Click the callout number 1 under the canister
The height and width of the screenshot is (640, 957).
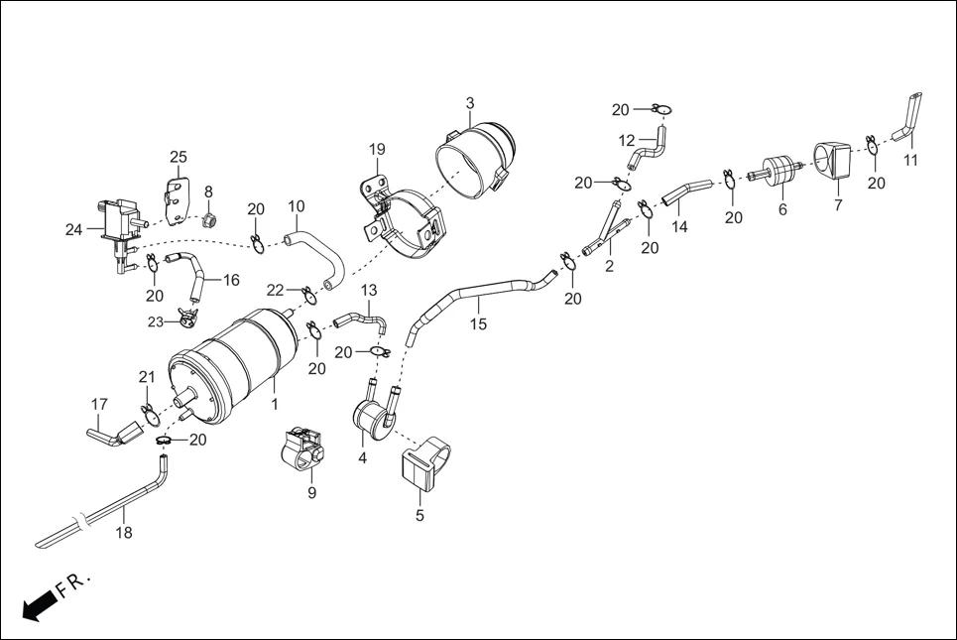pos(274,405)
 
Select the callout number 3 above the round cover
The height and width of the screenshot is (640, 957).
pos(470,103)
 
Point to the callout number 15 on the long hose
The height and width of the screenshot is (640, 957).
pos(478,324)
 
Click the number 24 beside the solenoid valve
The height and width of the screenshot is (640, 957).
pos(73,230)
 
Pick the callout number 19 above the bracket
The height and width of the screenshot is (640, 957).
pos(377,150)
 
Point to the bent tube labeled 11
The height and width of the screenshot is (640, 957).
pos(907,117)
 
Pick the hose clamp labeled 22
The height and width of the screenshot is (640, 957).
pos(308,293)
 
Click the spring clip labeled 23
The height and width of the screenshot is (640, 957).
pos(186,319)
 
